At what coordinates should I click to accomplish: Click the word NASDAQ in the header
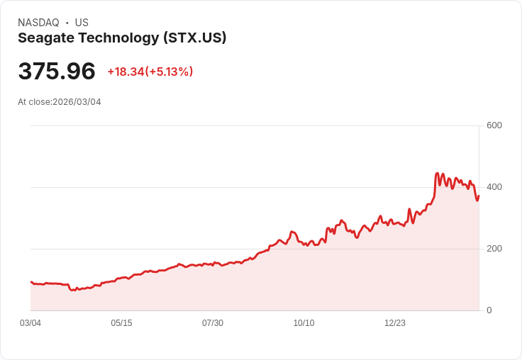[x=38, y=23]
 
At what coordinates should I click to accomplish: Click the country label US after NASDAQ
[x=82, y=23]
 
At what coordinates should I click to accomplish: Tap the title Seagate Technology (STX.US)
[x=122, y=38]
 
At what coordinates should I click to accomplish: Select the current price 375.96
[x=57, y=72]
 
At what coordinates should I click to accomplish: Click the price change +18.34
[x=126, y=72]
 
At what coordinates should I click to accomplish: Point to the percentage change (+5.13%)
[x=169, y=72]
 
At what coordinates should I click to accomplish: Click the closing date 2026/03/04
[x=77, y=102]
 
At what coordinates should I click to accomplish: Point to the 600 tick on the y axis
[x=494, y=125]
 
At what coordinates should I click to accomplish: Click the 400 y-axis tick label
[x=494, y=187]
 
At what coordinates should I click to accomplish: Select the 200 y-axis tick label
[x=494, y=249]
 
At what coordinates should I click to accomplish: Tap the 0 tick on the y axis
[x=489, y=310]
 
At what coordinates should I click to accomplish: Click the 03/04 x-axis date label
[x=30, y=323]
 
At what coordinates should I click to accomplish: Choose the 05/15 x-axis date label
[x=121, y=323]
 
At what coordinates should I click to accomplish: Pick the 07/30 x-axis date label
[x=213, y=323]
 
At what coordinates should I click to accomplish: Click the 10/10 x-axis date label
[x=304, y=323]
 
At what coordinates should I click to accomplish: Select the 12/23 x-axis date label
[x=395, y=323]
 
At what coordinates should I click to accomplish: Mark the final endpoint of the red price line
[x=479, y=196]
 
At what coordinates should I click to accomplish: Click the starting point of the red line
[x=30, y=282]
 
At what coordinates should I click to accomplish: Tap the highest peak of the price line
[x=437, y=173]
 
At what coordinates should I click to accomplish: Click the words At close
[x=34, y=102]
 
